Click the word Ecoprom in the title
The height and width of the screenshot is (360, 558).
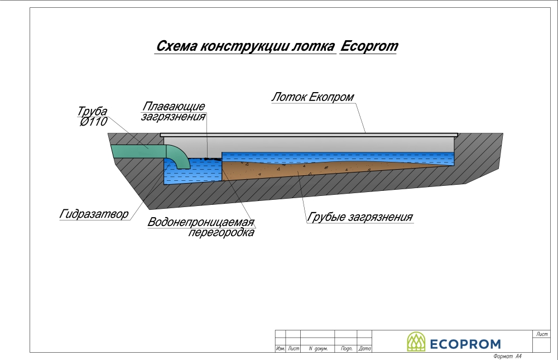[369, 46]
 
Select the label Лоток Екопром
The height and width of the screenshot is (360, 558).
[313, 97]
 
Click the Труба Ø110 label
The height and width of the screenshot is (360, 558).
[93, 117]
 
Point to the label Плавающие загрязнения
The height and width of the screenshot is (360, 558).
[174, 112]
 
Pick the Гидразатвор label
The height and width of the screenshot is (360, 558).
[94, 214]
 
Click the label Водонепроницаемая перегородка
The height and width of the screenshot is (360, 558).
[201, 227]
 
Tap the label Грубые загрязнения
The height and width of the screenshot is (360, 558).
[360, 217]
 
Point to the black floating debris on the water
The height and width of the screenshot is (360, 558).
[211, 158]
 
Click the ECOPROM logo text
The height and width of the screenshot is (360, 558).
[465, 344]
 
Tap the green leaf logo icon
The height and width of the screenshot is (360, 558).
[416, 342]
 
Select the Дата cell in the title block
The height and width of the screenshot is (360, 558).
[364, 349]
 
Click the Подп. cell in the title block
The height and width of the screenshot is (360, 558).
[346, 349]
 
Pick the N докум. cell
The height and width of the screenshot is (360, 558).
[318, 349]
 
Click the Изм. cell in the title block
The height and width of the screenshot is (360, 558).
[281, 349]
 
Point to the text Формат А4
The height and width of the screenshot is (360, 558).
[507, 356]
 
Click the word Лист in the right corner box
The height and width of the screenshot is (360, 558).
[542, 334]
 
